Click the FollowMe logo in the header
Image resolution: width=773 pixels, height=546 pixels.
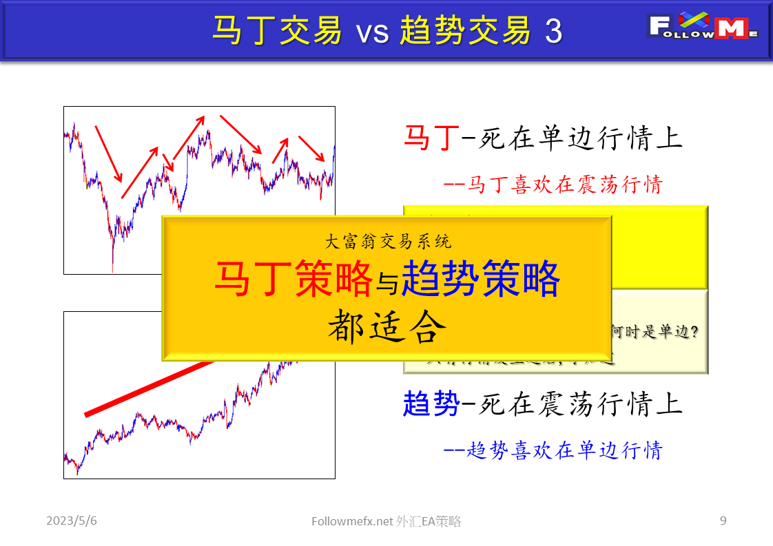pos(703,27)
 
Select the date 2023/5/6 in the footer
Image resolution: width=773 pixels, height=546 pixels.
pos(72,521)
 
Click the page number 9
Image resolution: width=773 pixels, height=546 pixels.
pos(723,521)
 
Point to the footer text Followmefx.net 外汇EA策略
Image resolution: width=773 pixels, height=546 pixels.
pos(386,522)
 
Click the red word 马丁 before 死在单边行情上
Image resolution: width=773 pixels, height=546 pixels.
pos(431,138)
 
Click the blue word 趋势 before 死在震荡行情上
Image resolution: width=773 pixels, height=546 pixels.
pos(431,404)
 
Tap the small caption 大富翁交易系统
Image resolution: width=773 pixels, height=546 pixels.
pos(388,242)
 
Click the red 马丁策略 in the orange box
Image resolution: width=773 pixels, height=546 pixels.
pos(293,279)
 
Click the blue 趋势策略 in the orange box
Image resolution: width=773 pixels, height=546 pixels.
pos(480,279)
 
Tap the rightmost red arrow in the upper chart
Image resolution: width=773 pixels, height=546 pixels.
pos(311,149)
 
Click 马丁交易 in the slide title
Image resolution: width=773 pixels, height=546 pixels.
pos(276,31)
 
